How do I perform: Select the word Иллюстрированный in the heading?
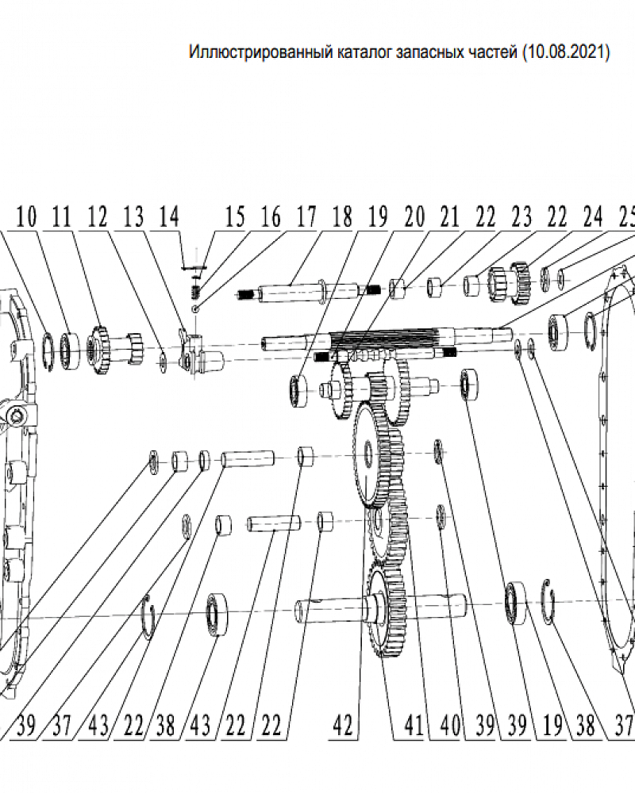pos(258,54)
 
